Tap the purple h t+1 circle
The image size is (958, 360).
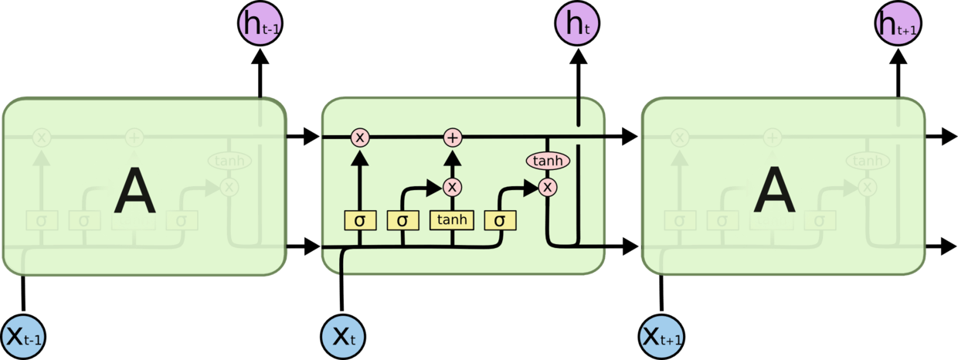tap(898, 25)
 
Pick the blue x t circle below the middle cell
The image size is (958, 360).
tap(343, 337)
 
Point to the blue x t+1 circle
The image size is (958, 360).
tap(663, 337)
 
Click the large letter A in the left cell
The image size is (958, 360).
tap(134, 192)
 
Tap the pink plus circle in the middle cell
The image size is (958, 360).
tap(453, 138)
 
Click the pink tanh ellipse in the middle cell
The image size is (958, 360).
tap(548, 161)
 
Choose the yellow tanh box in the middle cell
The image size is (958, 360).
tap(452, 220)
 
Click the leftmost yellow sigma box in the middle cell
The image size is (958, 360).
tap(359, 220)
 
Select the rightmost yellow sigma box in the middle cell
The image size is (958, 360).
tap(500, 220)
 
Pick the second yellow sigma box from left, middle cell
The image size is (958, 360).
tap(402, 220)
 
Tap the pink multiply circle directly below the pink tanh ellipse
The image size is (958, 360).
tap(548, 187)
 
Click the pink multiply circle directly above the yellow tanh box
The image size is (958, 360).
tap(453, 187)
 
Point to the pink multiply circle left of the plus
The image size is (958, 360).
tap(359, 138)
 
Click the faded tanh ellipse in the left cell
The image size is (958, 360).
tap(229, 161)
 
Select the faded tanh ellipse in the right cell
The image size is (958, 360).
tap(867, 161)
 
